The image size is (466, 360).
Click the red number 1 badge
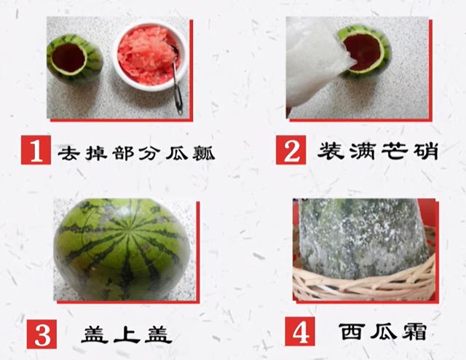pyautogui.click(x=36, y=149)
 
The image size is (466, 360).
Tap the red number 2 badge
pyautogui.click(x=291, y=149)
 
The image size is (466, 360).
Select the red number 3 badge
pyautogui.click(x=42, y=334)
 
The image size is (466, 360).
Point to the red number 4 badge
pyautogui.click(x=299, y=331)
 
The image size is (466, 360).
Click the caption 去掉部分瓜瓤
pyautogui.click(x=136, y=152)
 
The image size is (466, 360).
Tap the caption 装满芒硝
pyautogui.click(x=378, y=151)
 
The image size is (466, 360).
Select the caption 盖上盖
pyautogui.click(x=127, y=334)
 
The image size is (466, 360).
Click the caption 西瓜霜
pyautogui.click(x=383, y=331)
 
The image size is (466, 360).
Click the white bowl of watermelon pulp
pyautogui.click(x=150, y=57)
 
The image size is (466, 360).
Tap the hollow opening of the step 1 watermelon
pyautogui.click(x=68, y=58)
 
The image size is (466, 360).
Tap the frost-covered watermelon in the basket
pyautogui.click(x=363, y=238)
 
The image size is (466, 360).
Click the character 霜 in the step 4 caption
pyautogui.click(x=415, y=332)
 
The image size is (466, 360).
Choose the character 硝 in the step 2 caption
pyautogui.click(x=425, y=152)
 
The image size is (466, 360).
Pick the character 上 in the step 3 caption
pyautogui.click(x=127, y=334)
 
